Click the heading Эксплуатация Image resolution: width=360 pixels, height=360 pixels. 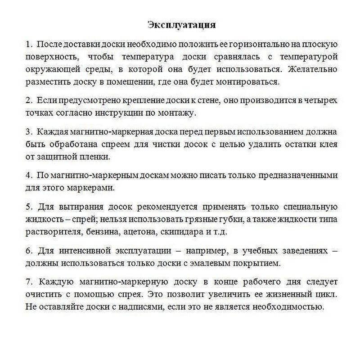[x=182, y=24]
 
